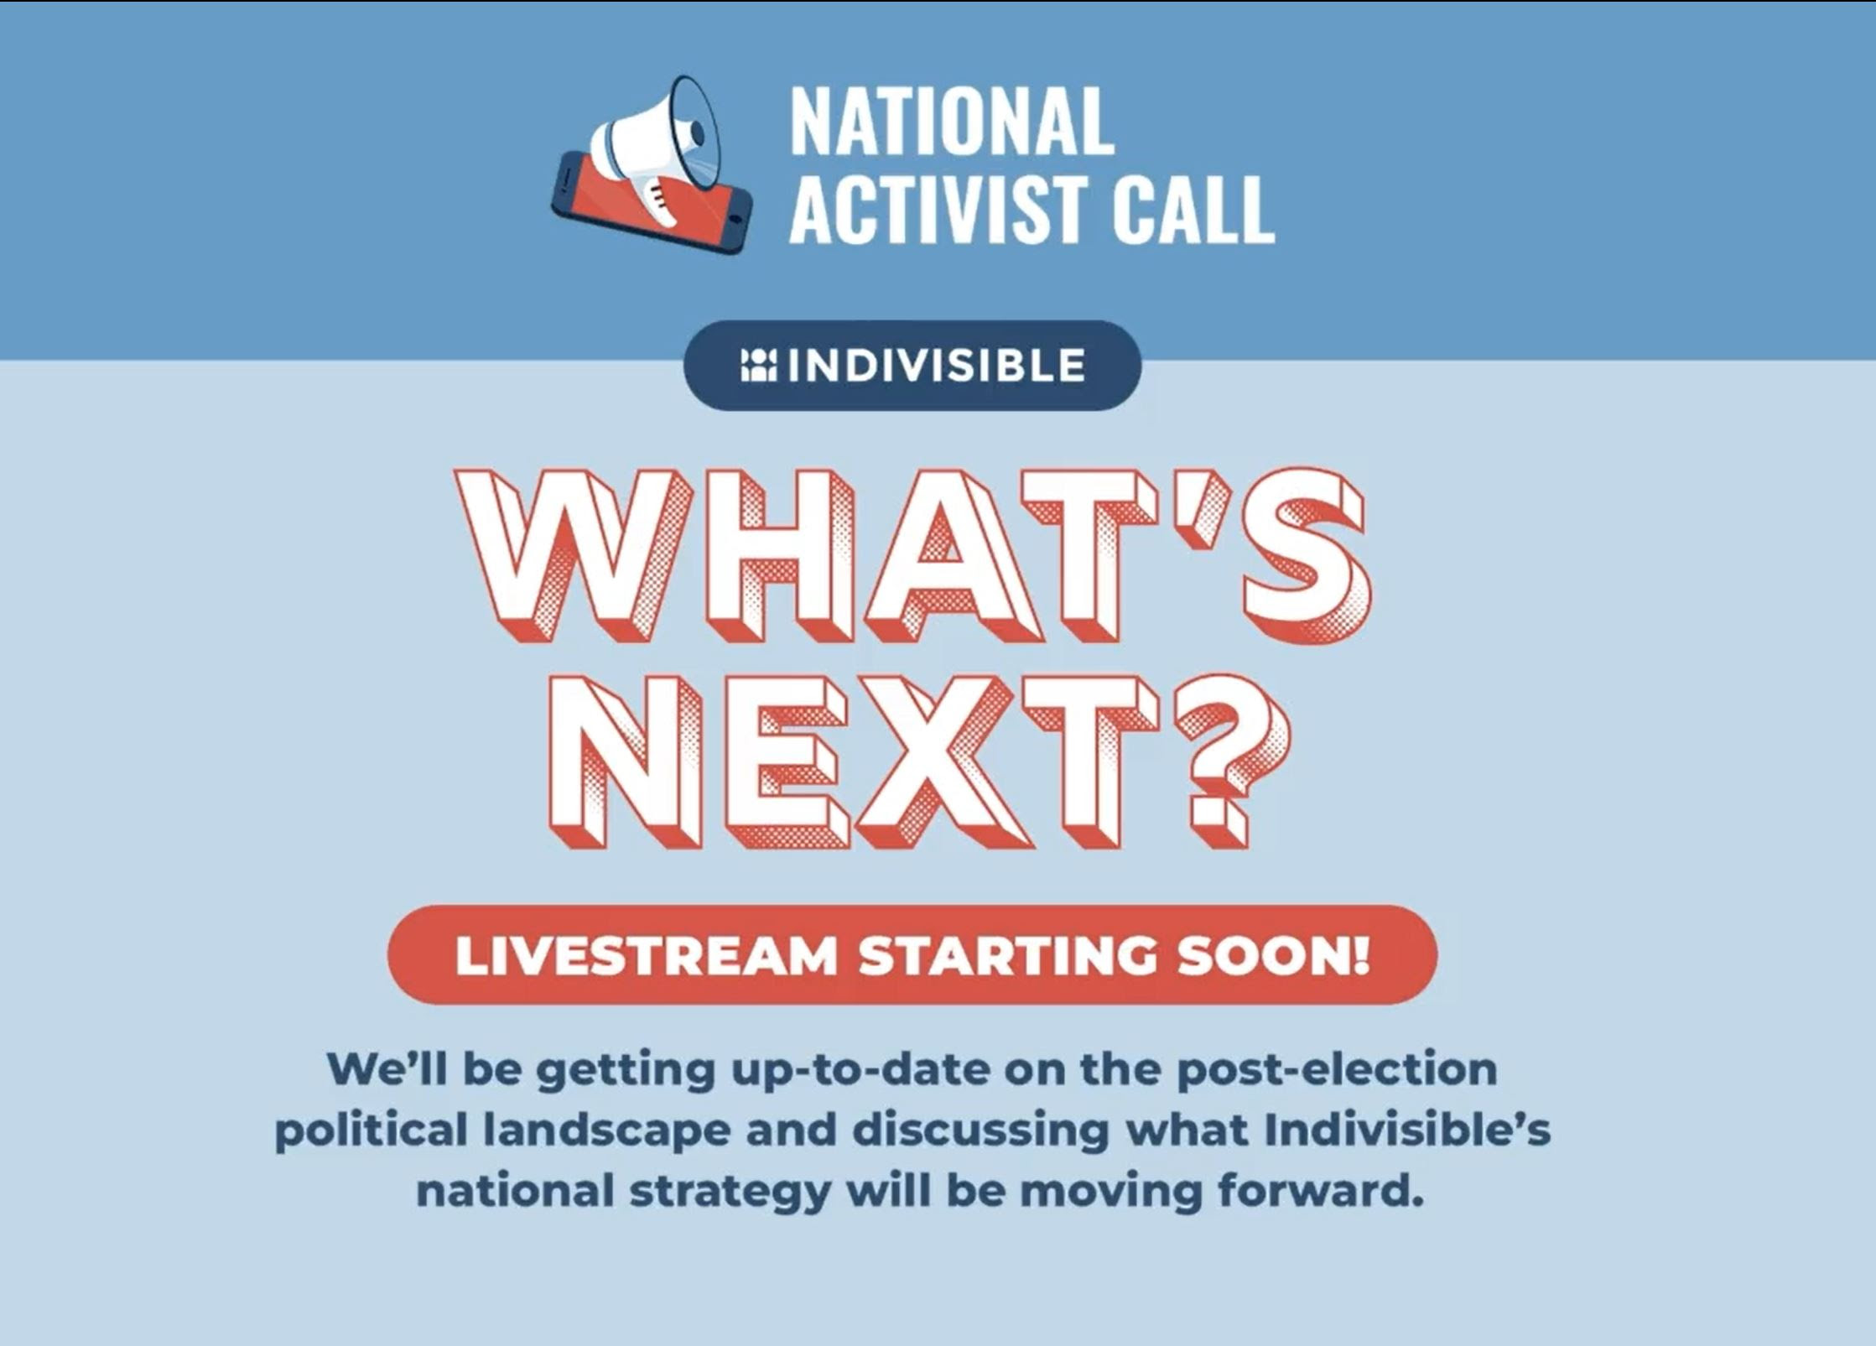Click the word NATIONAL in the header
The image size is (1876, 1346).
(x=952, y=122)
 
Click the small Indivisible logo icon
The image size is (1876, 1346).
(x=759, y=366)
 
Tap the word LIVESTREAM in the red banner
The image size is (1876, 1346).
(x=647, y=956)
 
